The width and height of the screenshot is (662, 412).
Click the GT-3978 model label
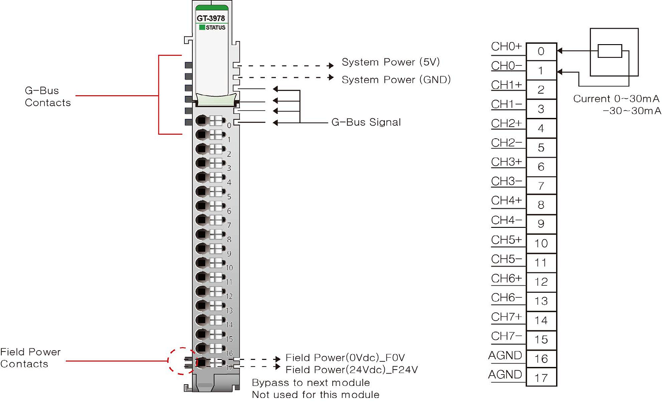pyautogui.click(x=211, y=18)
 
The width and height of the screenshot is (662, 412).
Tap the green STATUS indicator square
pyautogui.click(x=202, y=27)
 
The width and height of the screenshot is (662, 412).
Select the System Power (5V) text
pyautogui.click(x=391, y=62)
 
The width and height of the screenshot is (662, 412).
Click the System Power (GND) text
pyautogui.click(x=396, y=80)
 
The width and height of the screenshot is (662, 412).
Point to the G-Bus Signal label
pyautogui.click(x=366, y=122)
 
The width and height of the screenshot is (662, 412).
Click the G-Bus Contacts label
pyautogui.click(x=47, y=97)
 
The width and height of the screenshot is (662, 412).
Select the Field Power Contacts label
pyautogui.click(x=30, y=358)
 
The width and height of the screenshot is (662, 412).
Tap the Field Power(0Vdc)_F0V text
pyautogui.click(x=345, y=358)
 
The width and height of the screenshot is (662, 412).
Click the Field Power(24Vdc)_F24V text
pyautogui.click(x=351, y=370)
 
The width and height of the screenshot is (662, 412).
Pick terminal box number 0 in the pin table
pyautogui.click(x=541, y=52)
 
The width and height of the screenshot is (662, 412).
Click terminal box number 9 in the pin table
pyautogui.click(x=541, y=224)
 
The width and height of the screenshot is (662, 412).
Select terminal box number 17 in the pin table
pyautogui.click(x=541, y=378)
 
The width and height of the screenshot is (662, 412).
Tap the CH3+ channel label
pyautogui.click(x=507, y=162)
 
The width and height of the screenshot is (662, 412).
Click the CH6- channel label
pyautogui.click(x=507, y=298)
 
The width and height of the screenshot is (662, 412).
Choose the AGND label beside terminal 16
pyautogui.click(x=505, y=355)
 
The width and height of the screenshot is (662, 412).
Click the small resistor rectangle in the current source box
pyautogui.click(x=609, y=51)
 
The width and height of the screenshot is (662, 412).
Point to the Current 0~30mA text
pyautogui.click(x=616, y=99)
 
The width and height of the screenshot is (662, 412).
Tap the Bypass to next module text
pyautogui.click(x=311, y=383)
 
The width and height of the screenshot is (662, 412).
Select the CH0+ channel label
pyautogui.click(x=507, y=46)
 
